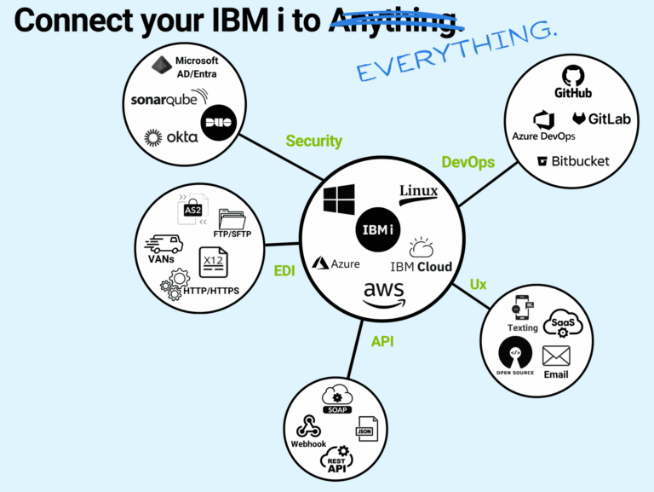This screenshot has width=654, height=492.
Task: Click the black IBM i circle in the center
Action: [x=376, y=229]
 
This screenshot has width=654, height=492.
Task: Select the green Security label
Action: [x=313, y=142]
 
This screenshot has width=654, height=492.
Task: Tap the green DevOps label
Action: [x=468, y=162]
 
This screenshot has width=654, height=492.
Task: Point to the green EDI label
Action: [x=284, y=272]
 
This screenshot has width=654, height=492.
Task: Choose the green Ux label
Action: [x=478, y=284]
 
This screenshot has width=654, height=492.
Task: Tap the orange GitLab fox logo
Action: [x=578, y=119]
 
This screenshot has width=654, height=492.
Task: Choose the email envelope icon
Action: [x=555, y=356]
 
